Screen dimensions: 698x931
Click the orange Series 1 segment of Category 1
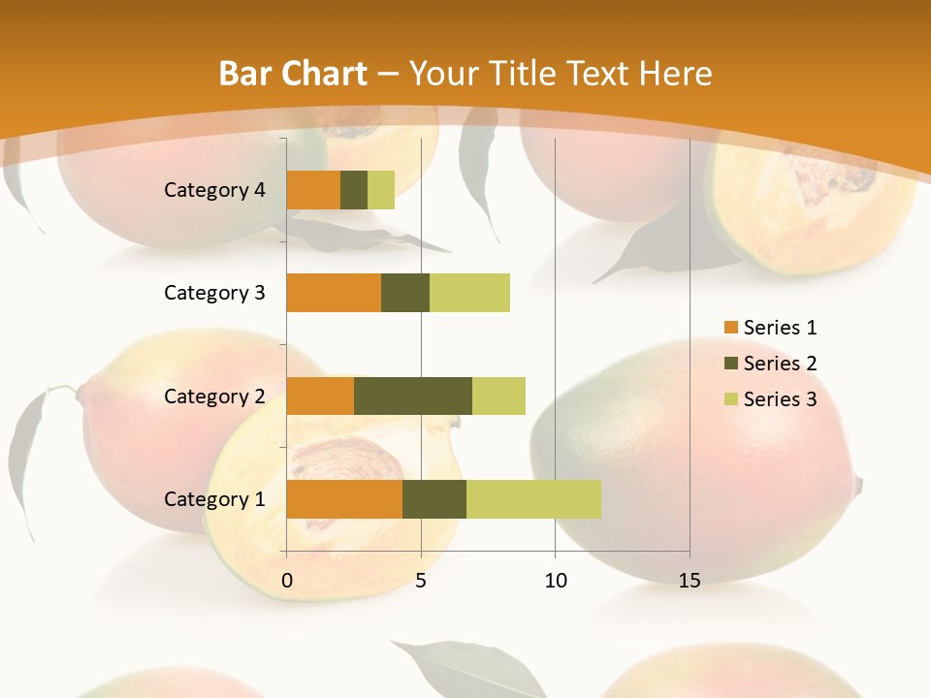[344, 499]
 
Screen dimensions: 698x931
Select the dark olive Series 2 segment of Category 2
[413, 396]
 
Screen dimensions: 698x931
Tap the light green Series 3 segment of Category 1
[533, 499]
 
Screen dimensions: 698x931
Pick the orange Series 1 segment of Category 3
[334, 293]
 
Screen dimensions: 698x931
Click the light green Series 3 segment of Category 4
[381, 190]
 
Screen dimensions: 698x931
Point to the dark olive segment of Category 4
[354, 190]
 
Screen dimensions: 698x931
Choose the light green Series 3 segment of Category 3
[469, 293]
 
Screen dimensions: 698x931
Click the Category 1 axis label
[214, 499]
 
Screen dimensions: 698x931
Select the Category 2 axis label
[214, 396]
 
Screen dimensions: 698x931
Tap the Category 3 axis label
[214, 293]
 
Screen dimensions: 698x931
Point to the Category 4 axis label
[214, 190]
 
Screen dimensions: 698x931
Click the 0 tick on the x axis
[287, 581]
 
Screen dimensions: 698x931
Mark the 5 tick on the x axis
[421, 581]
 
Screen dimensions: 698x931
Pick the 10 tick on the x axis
[555, 581]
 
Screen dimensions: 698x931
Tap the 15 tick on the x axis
[690, 581]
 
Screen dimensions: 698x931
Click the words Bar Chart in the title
[293, 74]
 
